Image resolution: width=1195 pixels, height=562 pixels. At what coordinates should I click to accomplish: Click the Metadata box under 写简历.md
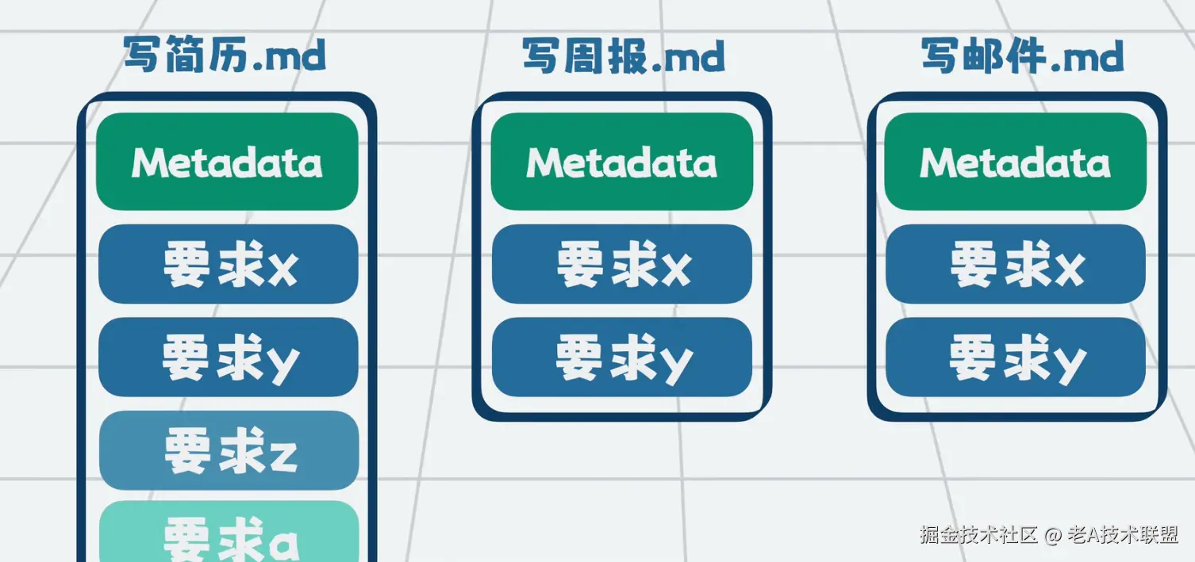tap(227, 162)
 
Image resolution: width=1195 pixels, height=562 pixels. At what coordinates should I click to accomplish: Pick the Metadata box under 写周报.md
tap(621, 162)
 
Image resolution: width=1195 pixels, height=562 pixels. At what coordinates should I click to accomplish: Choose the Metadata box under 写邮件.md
tap(1015, 162)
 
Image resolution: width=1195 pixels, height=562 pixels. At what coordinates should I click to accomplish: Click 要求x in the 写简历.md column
tap(229, 265)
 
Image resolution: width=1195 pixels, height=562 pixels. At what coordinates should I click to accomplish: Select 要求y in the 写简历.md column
tap(229, 357)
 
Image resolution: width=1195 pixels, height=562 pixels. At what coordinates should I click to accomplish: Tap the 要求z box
tap(229, 451)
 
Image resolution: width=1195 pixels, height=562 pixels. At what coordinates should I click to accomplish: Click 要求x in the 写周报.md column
tap(622, 265)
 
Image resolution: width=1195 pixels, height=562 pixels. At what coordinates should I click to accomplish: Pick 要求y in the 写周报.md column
tap(622, 357)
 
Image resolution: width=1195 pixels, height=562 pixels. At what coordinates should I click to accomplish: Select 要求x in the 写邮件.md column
tap(1016, 265)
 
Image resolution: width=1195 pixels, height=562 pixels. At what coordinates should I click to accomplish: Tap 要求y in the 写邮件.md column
tap(1016, 357)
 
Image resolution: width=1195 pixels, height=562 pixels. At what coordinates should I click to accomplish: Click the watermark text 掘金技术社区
tap(979, 535)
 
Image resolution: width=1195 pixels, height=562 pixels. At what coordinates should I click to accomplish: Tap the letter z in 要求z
tap(283, 454)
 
